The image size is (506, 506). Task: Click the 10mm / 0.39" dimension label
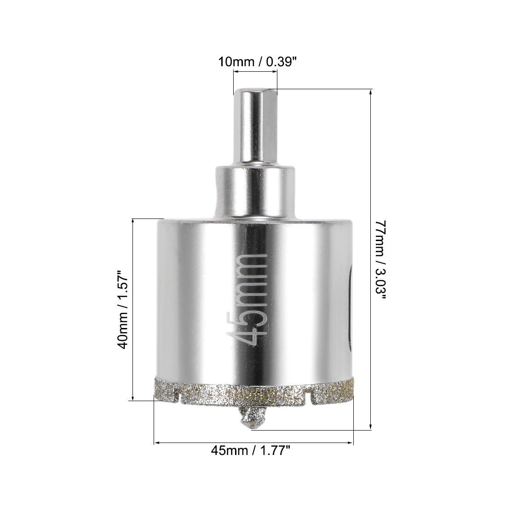255,61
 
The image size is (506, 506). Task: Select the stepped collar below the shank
254,193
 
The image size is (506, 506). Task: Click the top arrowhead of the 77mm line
371,92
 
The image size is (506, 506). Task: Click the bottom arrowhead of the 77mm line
371,427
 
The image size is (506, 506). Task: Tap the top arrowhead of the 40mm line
133,221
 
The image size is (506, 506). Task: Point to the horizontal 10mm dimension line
255,72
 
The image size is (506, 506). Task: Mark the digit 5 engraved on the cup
250,315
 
